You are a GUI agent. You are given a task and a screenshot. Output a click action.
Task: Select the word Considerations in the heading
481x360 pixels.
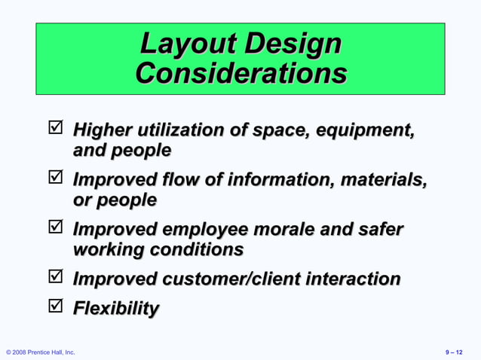point(241,74)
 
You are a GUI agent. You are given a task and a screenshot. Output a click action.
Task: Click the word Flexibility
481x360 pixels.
point(115,308)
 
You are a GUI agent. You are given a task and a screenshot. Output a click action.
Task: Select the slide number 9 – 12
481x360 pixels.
point(455,352)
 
